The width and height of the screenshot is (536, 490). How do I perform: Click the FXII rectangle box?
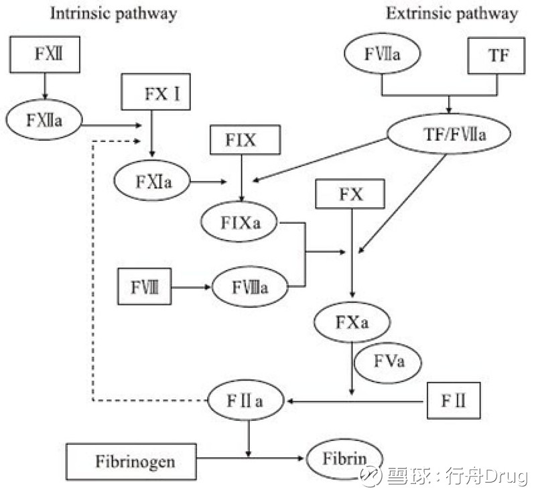tap(45, 54)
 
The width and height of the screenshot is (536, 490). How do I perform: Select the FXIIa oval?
tap(44, 120)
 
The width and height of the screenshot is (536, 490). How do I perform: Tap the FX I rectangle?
tap(155, 92)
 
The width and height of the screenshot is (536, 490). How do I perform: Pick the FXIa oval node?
tap(151, 181)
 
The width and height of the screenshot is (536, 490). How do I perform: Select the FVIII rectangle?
tap(144, 286)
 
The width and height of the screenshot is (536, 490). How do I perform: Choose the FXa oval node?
tap(352, 322)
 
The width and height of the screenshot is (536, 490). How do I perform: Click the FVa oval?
tap(388, 363)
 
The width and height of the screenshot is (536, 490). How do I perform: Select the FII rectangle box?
tap(454, 402)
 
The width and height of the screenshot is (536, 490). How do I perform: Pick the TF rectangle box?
tap(498, 56)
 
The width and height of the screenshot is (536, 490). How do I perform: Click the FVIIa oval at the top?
tap(382, 54)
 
